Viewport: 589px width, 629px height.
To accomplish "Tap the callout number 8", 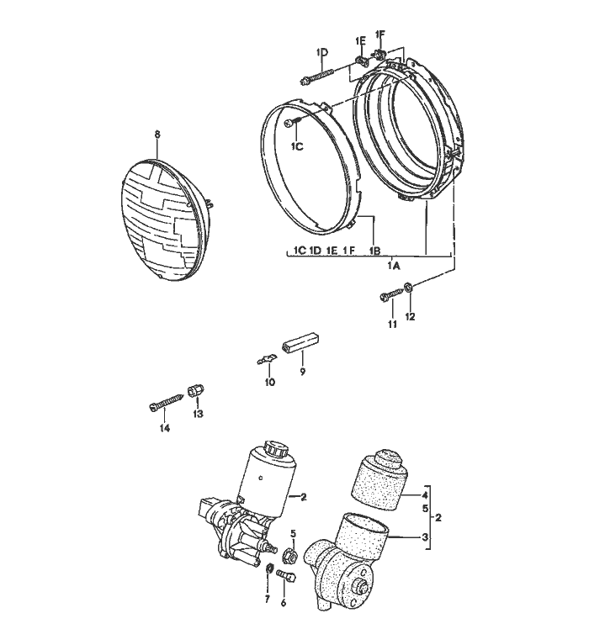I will pyautogui.click(x=157, y=135).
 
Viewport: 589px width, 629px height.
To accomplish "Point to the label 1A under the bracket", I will pyautogui.click(x=393, y=265).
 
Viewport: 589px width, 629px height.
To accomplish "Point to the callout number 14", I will pyautogui.click(x=165, y=428).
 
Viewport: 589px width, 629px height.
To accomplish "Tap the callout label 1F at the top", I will pyautogui.click(x=379, y=34).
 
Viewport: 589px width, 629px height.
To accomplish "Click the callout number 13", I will pyautogui.click(x=199, y=414).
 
